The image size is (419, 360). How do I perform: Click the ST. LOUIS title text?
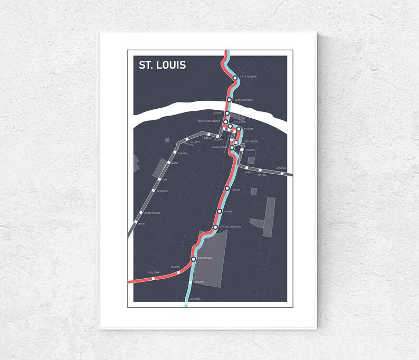point(162,65)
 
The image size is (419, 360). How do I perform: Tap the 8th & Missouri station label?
point(248,77)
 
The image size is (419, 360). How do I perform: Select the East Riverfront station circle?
point(229,100)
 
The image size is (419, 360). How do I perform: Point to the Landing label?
point(218,112)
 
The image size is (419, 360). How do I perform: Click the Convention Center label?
point(208,121)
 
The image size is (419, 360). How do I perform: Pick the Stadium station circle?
point(239,129)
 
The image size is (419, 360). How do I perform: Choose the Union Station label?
point(219,147)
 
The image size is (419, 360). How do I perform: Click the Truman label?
point(250,150)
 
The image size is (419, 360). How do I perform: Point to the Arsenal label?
point(281,168)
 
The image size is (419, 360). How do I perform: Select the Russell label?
point(262,175)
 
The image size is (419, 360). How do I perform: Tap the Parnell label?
point(183,154)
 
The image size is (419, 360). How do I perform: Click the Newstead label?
point(163,191)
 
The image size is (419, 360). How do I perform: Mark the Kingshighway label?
point(153,213)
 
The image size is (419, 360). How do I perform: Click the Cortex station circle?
point(220,211)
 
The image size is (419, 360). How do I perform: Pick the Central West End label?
point(230,227)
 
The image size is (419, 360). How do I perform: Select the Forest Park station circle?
point(194,259)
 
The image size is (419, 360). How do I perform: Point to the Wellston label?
point(153,272)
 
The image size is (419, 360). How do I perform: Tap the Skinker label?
point(199,282)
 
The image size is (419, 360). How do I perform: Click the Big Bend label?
point(195,299)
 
